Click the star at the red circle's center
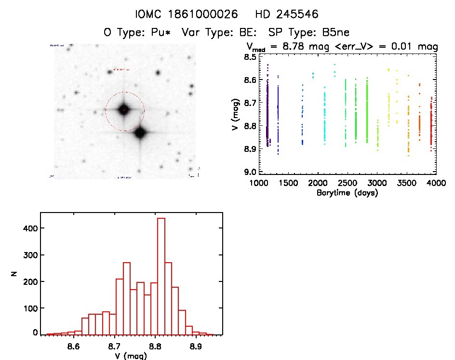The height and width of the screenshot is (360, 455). click(x=123, y=109)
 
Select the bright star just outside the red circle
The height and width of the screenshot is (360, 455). click(x=140, y=133)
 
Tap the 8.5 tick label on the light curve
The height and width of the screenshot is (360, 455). click(x=249, y=57)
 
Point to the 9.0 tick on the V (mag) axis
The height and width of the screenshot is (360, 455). click(x=249, y=172)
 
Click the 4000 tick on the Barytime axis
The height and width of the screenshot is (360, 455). click(x=436, y=183)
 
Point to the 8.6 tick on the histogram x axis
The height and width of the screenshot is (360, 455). click(x=73, y=346)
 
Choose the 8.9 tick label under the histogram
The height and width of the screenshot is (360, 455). click(x=196, y=346)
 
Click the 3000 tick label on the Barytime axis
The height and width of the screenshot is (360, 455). click(x=377, y=183)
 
